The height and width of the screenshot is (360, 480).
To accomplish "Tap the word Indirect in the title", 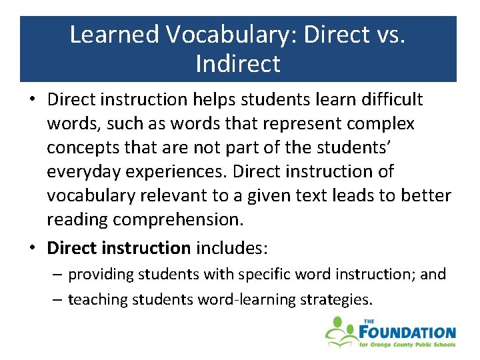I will pyautogui.click(x=238, y=64).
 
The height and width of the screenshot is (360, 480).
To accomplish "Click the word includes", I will pyautogui.click(x=231, y=248).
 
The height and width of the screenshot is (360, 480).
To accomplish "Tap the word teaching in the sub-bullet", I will pyautogui.click(x=97, y=299).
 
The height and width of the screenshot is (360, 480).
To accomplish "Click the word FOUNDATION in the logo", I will pyautogui.click(x=407, y=331).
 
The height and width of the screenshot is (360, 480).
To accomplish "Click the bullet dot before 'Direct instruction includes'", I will pyautogui.click(x=33, y=248).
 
